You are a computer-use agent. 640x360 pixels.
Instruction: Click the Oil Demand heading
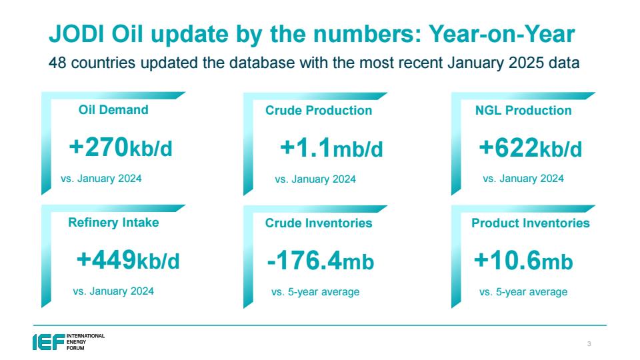(113, 110)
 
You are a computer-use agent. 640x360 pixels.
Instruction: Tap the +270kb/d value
(121, 147)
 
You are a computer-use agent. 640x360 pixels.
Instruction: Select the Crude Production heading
(319, 110)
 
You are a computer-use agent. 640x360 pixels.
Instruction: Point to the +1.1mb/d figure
(331, 148)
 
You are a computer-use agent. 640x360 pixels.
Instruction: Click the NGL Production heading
(523, 110)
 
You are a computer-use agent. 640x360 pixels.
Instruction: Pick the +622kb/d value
(530, 148)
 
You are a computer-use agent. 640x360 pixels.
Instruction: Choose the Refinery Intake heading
(113, 223)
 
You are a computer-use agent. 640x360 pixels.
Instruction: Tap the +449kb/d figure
(128, 260)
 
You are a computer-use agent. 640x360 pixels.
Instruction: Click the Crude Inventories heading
(319, 223)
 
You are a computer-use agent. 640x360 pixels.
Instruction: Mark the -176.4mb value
(321, 261)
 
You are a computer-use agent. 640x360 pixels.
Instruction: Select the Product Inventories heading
(531, 223)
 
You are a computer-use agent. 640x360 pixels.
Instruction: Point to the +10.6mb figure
(523, 261)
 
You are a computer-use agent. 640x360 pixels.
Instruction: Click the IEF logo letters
(49, 342)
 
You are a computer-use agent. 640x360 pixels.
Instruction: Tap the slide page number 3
(589, 344)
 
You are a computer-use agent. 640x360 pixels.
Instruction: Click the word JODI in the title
(77, 33)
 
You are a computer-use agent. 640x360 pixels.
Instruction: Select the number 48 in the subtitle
(57, 63)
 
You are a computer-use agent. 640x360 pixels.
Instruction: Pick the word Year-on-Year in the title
(501, 33)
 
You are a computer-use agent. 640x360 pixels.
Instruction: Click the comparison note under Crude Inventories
(315, 292)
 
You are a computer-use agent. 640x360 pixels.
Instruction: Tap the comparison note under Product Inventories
(523, 292)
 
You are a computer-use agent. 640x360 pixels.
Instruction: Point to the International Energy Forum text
(86, 342)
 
